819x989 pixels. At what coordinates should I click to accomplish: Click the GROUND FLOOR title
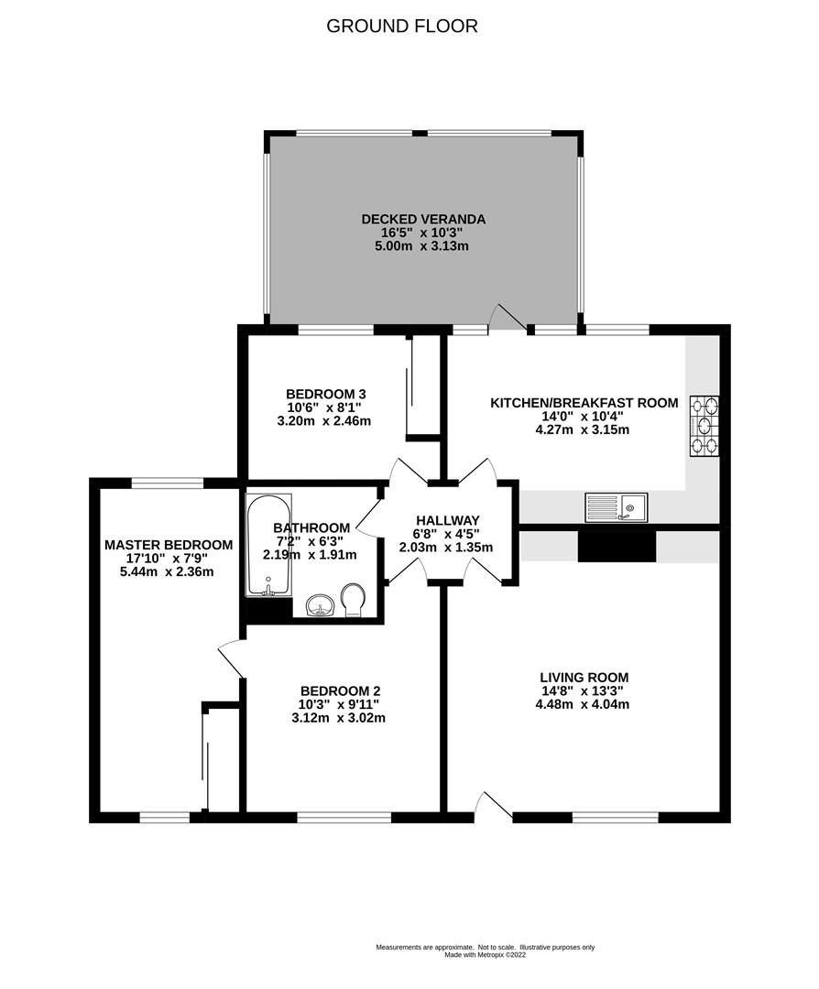click(402, 26)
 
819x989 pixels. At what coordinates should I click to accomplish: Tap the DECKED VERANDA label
click(422, 219)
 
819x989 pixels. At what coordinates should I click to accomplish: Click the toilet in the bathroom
click(353, 600)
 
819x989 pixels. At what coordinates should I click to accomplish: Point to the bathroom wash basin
click(319, 605)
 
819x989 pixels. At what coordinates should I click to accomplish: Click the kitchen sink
click(617, 506)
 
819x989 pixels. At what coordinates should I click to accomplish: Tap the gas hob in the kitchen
click(704, 425)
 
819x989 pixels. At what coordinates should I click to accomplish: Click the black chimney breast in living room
click(617, 546)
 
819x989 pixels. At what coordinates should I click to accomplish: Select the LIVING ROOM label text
click(584, 678)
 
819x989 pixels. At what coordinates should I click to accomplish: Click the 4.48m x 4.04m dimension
click(584, 704)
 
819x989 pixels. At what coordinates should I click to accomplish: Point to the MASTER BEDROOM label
click(168, 544)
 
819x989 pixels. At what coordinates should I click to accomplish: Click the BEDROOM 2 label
click(340, 691)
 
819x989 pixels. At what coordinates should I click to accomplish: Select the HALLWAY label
click(445, 520)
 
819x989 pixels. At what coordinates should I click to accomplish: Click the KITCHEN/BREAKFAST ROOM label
click(584, 403)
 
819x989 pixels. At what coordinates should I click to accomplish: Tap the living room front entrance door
click(495, 804)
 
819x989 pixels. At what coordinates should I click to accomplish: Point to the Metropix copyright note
click(486, 954)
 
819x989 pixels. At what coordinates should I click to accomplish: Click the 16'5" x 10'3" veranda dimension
click(422, 233)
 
